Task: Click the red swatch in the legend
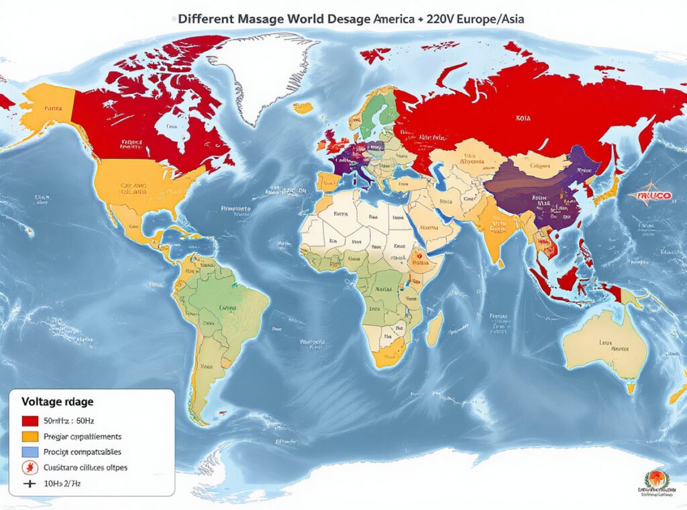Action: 30,422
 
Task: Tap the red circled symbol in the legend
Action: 30,467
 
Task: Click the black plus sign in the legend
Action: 30,483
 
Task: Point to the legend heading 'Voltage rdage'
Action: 58,402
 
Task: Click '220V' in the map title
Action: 445,19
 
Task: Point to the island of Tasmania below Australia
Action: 631,388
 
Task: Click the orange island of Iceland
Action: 303,107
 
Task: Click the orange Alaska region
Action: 47,107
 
